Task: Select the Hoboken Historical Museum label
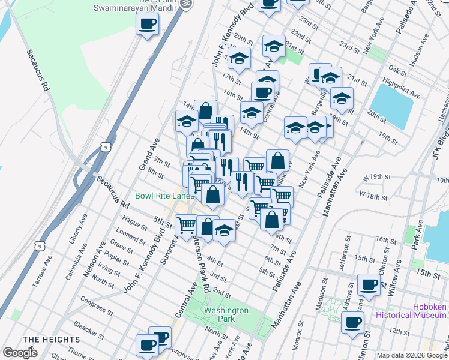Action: pyautogui.click(x=412, y=310)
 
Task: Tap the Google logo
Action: pyautogui.click(x=20, y=352)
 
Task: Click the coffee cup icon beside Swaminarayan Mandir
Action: pyautogui.click(x=147, y=25)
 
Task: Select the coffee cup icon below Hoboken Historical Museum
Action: pyautogui.click(x=352, y=323)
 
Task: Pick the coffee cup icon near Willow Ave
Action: pyautogui.click(x=368, y=284)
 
